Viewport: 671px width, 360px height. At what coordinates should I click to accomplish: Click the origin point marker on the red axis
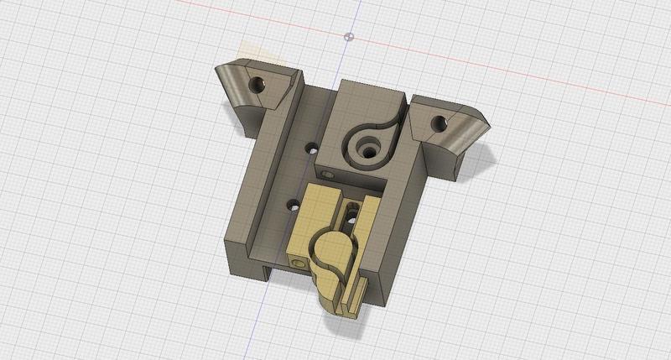[350, 36]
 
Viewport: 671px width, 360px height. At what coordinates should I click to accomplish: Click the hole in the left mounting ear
[258, 85]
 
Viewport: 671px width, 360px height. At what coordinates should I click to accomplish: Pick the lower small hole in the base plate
[294, 203]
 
